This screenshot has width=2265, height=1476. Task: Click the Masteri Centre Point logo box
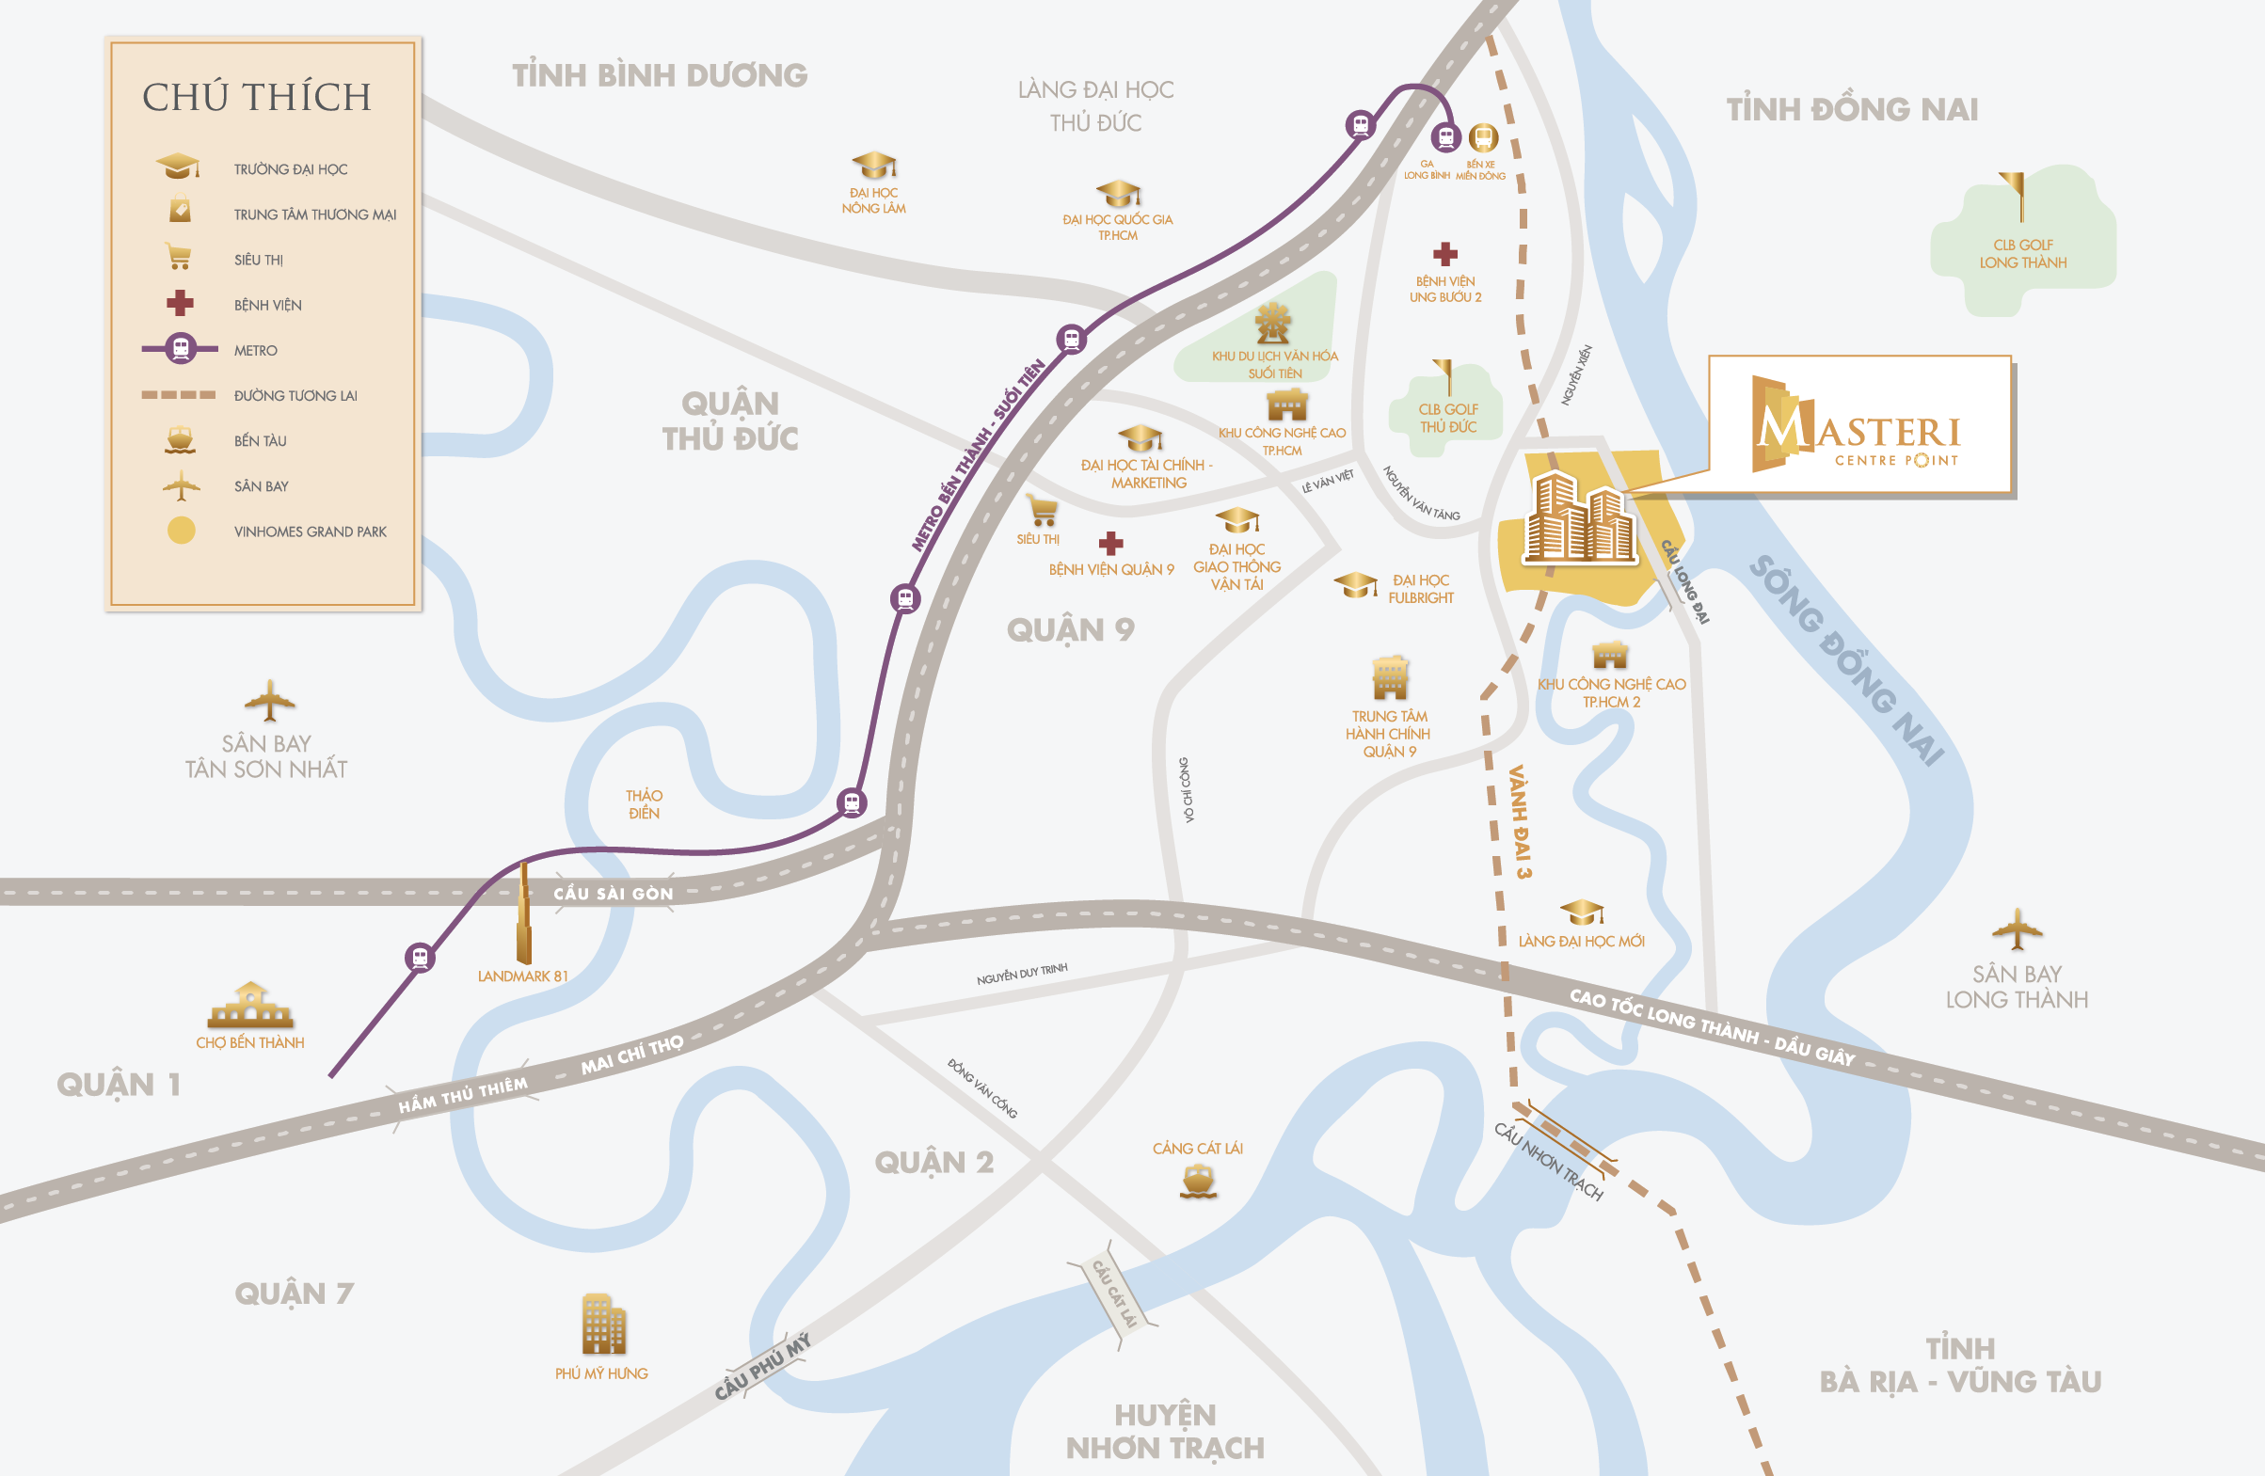click(1859, 425)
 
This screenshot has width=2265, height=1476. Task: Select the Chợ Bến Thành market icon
click(250, 1005)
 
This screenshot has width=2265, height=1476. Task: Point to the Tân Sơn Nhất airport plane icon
click(269, 702)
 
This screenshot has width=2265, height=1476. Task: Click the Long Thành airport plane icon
click(2016, 928)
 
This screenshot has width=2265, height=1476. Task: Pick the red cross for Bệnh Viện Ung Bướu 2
click(1444, 254)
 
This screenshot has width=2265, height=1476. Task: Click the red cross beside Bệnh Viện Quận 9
click(1110, 544)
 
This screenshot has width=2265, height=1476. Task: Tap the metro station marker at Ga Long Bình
click(1445, 138)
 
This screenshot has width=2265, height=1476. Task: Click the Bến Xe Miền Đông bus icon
click(1483, 138)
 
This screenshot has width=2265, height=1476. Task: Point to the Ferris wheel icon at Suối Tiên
click(1272, 324)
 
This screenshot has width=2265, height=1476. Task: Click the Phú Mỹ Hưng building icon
click(603, 1324)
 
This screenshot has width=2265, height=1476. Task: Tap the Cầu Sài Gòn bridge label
click(613, 894)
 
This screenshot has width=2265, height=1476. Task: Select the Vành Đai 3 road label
click(1520, 821)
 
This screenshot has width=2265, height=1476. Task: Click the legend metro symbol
click(180, 349)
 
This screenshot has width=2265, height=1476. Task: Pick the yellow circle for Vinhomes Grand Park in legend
click(181, 531)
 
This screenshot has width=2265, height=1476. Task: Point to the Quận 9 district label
click(1071, 630)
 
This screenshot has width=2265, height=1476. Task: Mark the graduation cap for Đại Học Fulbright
click(1355, 584)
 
